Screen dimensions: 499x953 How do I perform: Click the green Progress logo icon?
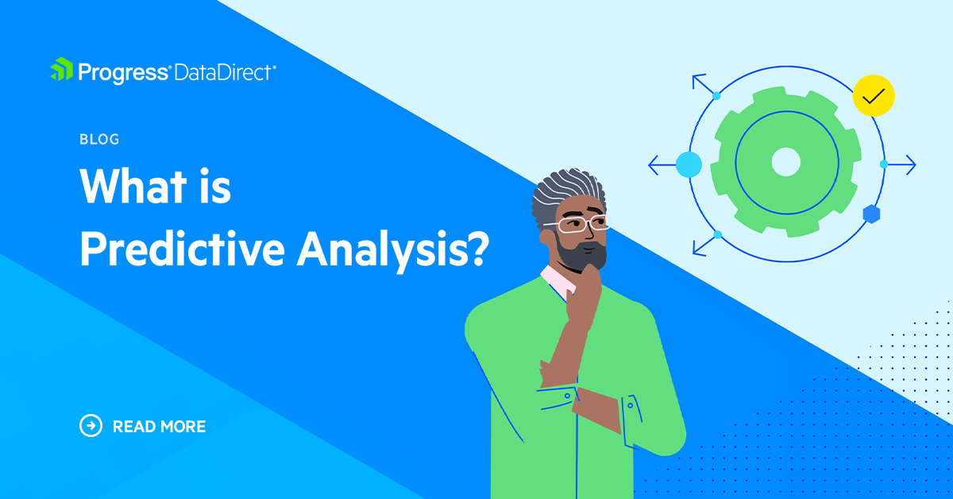(x=62, y=71)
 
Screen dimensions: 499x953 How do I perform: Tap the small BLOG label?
(x=99, y=139)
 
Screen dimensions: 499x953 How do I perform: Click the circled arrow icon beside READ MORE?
(x=91, y=426)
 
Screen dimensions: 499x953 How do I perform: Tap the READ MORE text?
(x=159, y=427)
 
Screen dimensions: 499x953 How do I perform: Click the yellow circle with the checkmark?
(x=873, y=96)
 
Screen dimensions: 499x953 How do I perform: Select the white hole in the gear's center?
(x=785, y=162)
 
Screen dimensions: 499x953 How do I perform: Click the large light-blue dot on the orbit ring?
(x=689, y=164)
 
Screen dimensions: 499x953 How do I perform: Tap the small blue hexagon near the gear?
(x=870, y=213)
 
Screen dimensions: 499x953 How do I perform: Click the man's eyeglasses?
(x=584, y=225)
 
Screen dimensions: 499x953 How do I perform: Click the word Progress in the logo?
(x=123, y=72)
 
